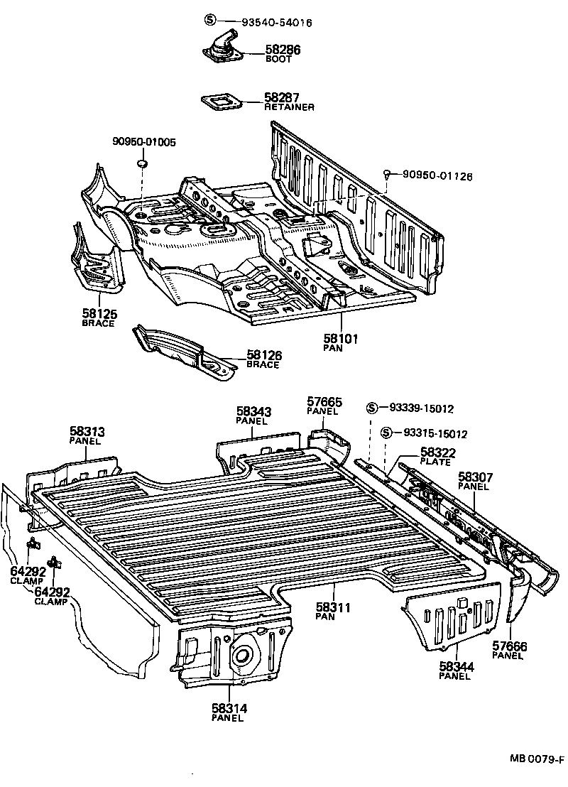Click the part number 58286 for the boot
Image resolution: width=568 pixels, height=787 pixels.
pyautogui.click(x=283, y=50)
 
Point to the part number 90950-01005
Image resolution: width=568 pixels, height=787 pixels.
pyautogui.click(x=144, y=142)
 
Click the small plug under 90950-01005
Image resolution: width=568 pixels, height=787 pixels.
pyautogui.click(x=141, y=165)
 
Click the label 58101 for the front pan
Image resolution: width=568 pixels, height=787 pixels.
pyautogui.click(x=341, y=339)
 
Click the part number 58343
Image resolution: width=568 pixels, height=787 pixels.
pyautogui.click(x=253, y=411)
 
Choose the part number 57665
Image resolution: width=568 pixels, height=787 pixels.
pyautogui.click(x=324, y=402)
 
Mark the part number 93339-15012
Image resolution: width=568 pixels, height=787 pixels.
pyautogui.click(x=421, y=408)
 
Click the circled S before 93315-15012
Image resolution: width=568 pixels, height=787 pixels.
pyautogui.click(x=386, y=433)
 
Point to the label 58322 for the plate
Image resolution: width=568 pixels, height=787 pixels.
pyautogui.click(x=437, y=452)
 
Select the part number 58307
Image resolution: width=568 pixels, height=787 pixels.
pyautogui.click(x=475, y=477)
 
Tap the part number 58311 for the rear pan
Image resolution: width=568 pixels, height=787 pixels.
pyautogui.click(x=334, y=608)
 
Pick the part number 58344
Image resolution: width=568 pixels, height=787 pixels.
pyautogui.click(x=456, y=666)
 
